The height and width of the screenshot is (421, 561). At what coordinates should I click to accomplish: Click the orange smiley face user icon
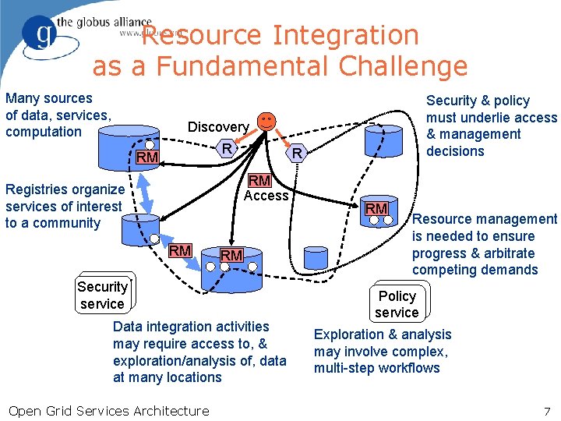pyautogui.click(x=266, y=122)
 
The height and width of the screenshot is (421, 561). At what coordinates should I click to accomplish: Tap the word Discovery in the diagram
pyautogui.click(x=218, y=127)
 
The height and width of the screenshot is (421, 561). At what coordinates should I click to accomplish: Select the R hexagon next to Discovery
pyautogui.click(x=226, y=148)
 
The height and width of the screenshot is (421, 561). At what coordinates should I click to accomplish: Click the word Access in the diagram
pyautogui.click(x=266, y=196)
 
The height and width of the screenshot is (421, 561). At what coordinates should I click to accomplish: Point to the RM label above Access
pyautogui.click(x=259, y=181)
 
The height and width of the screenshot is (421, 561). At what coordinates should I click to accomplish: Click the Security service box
pyautogui.click(x=102, y=295)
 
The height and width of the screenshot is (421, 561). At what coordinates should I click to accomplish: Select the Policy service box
pyautogui.click(x=397, y=304)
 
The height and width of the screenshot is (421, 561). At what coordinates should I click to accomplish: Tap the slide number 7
pyautogui.click(x=547, y=411)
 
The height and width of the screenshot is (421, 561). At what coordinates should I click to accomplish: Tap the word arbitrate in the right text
pyautogui.click(x=507, y=253)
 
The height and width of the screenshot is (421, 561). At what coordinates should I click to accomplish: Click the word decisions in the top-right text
pyautogui.click(x=455, y=151)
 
